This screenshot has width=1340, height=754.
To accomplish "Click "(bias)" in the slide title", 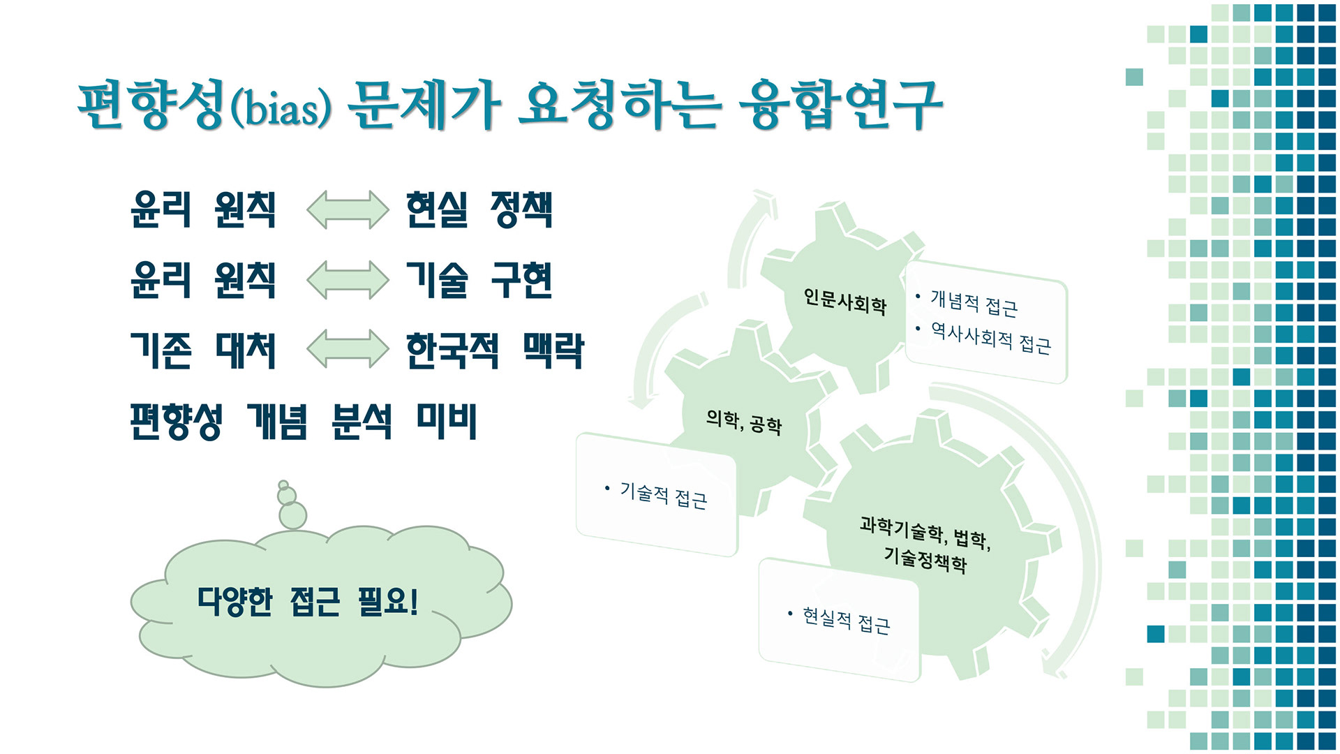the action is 281,109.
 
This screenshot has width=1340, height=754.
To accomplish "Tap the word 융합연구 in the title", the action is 840,105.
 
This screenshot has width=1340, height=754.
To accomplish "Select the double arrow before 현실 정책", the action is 348,209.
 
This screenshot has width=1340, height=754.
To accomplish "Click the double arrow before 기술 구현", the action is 348,280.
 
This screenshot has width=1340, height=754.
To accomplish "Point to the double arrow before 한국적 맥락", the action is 348,348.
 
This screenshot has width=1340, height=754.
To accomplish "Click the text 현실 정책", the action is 479,209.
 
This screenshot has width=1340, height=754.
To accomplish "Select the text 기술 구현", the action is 479,280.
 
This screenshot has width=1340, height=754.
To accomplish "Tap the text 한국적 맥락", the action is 495,350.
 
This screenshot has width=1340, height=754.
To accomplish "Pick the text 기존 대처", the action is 203,350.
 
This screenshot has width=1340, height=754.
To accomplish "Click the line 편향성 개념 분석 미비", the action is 304,421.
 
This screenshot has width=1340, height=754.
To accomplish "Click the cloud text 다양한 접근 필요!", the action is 308,601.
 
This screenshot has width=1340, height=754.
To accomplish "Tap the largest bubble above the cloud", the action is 292,516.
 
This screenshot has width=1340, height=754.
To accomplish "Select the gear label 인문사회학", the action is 844,302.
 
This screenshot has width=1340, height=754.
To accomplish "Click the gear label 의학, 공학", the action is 743,422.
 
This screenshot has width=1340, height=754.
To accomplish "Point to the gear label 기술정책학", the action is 925,559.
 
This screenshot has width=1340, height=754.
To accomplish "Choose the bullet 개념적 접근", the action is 974,303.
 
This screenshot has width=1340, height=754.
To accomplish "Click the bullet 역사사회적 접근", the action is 990,338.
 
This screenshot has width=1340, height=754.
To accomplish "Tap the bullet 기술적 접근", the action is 663,495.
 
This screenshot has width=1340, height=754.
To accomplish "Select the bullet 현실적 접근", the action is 846,620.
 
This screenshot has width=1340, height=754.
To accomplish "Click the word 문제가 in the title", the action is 424,105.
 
